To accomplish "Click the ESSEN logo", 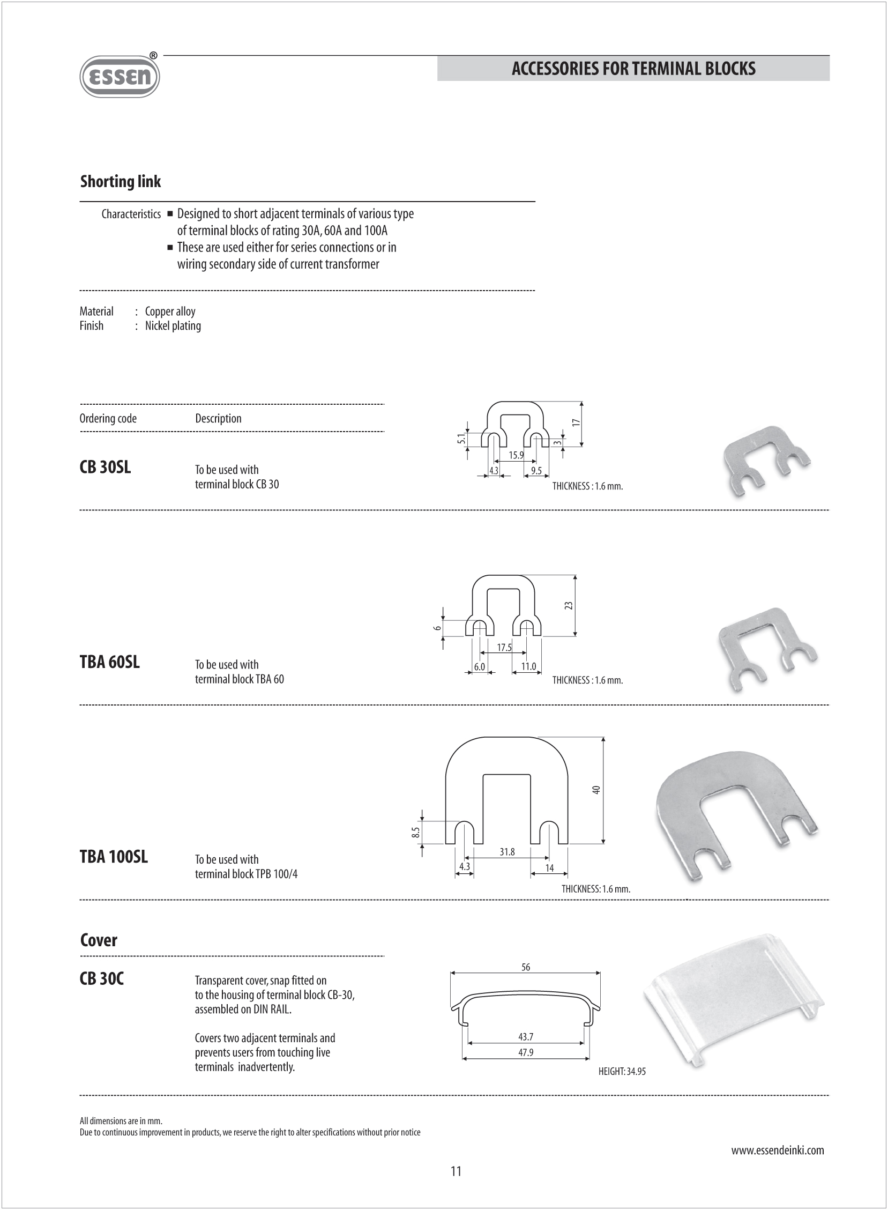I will coord(120,77).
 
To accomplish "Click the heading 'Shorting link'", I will coord(121,182).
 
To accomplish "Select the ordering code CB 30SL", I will coord(105,467).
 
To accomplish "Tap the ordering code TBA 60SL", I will coord(110,662).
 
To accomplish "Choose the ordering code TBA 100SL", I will coord(114,856).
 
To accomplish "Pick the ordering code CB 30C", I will coord(102,978).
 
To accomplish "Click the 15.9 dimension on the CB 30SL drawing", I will coord(516,455).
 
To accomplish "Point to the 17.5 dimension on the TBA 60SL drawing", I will coord(504,648).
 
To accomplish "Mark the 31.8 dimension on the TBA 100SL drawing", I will coord(507,851).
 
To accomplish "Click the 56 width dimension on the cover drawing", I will coord(526,967).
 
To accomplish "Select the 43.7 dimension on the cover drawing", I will coord(526,1036).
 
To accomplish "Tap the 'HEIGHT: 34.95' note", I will coord(622,1071).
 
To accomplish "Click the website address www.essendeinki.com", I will coord(777,1150).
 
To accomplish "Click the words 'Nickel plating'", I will coord(173,326).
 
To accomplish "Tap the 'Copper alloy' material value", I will coord(170,311).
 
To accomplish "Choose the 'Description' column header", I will coord(218,418).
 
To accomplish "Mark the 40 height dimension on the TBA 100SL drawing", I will coord(596,790).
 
